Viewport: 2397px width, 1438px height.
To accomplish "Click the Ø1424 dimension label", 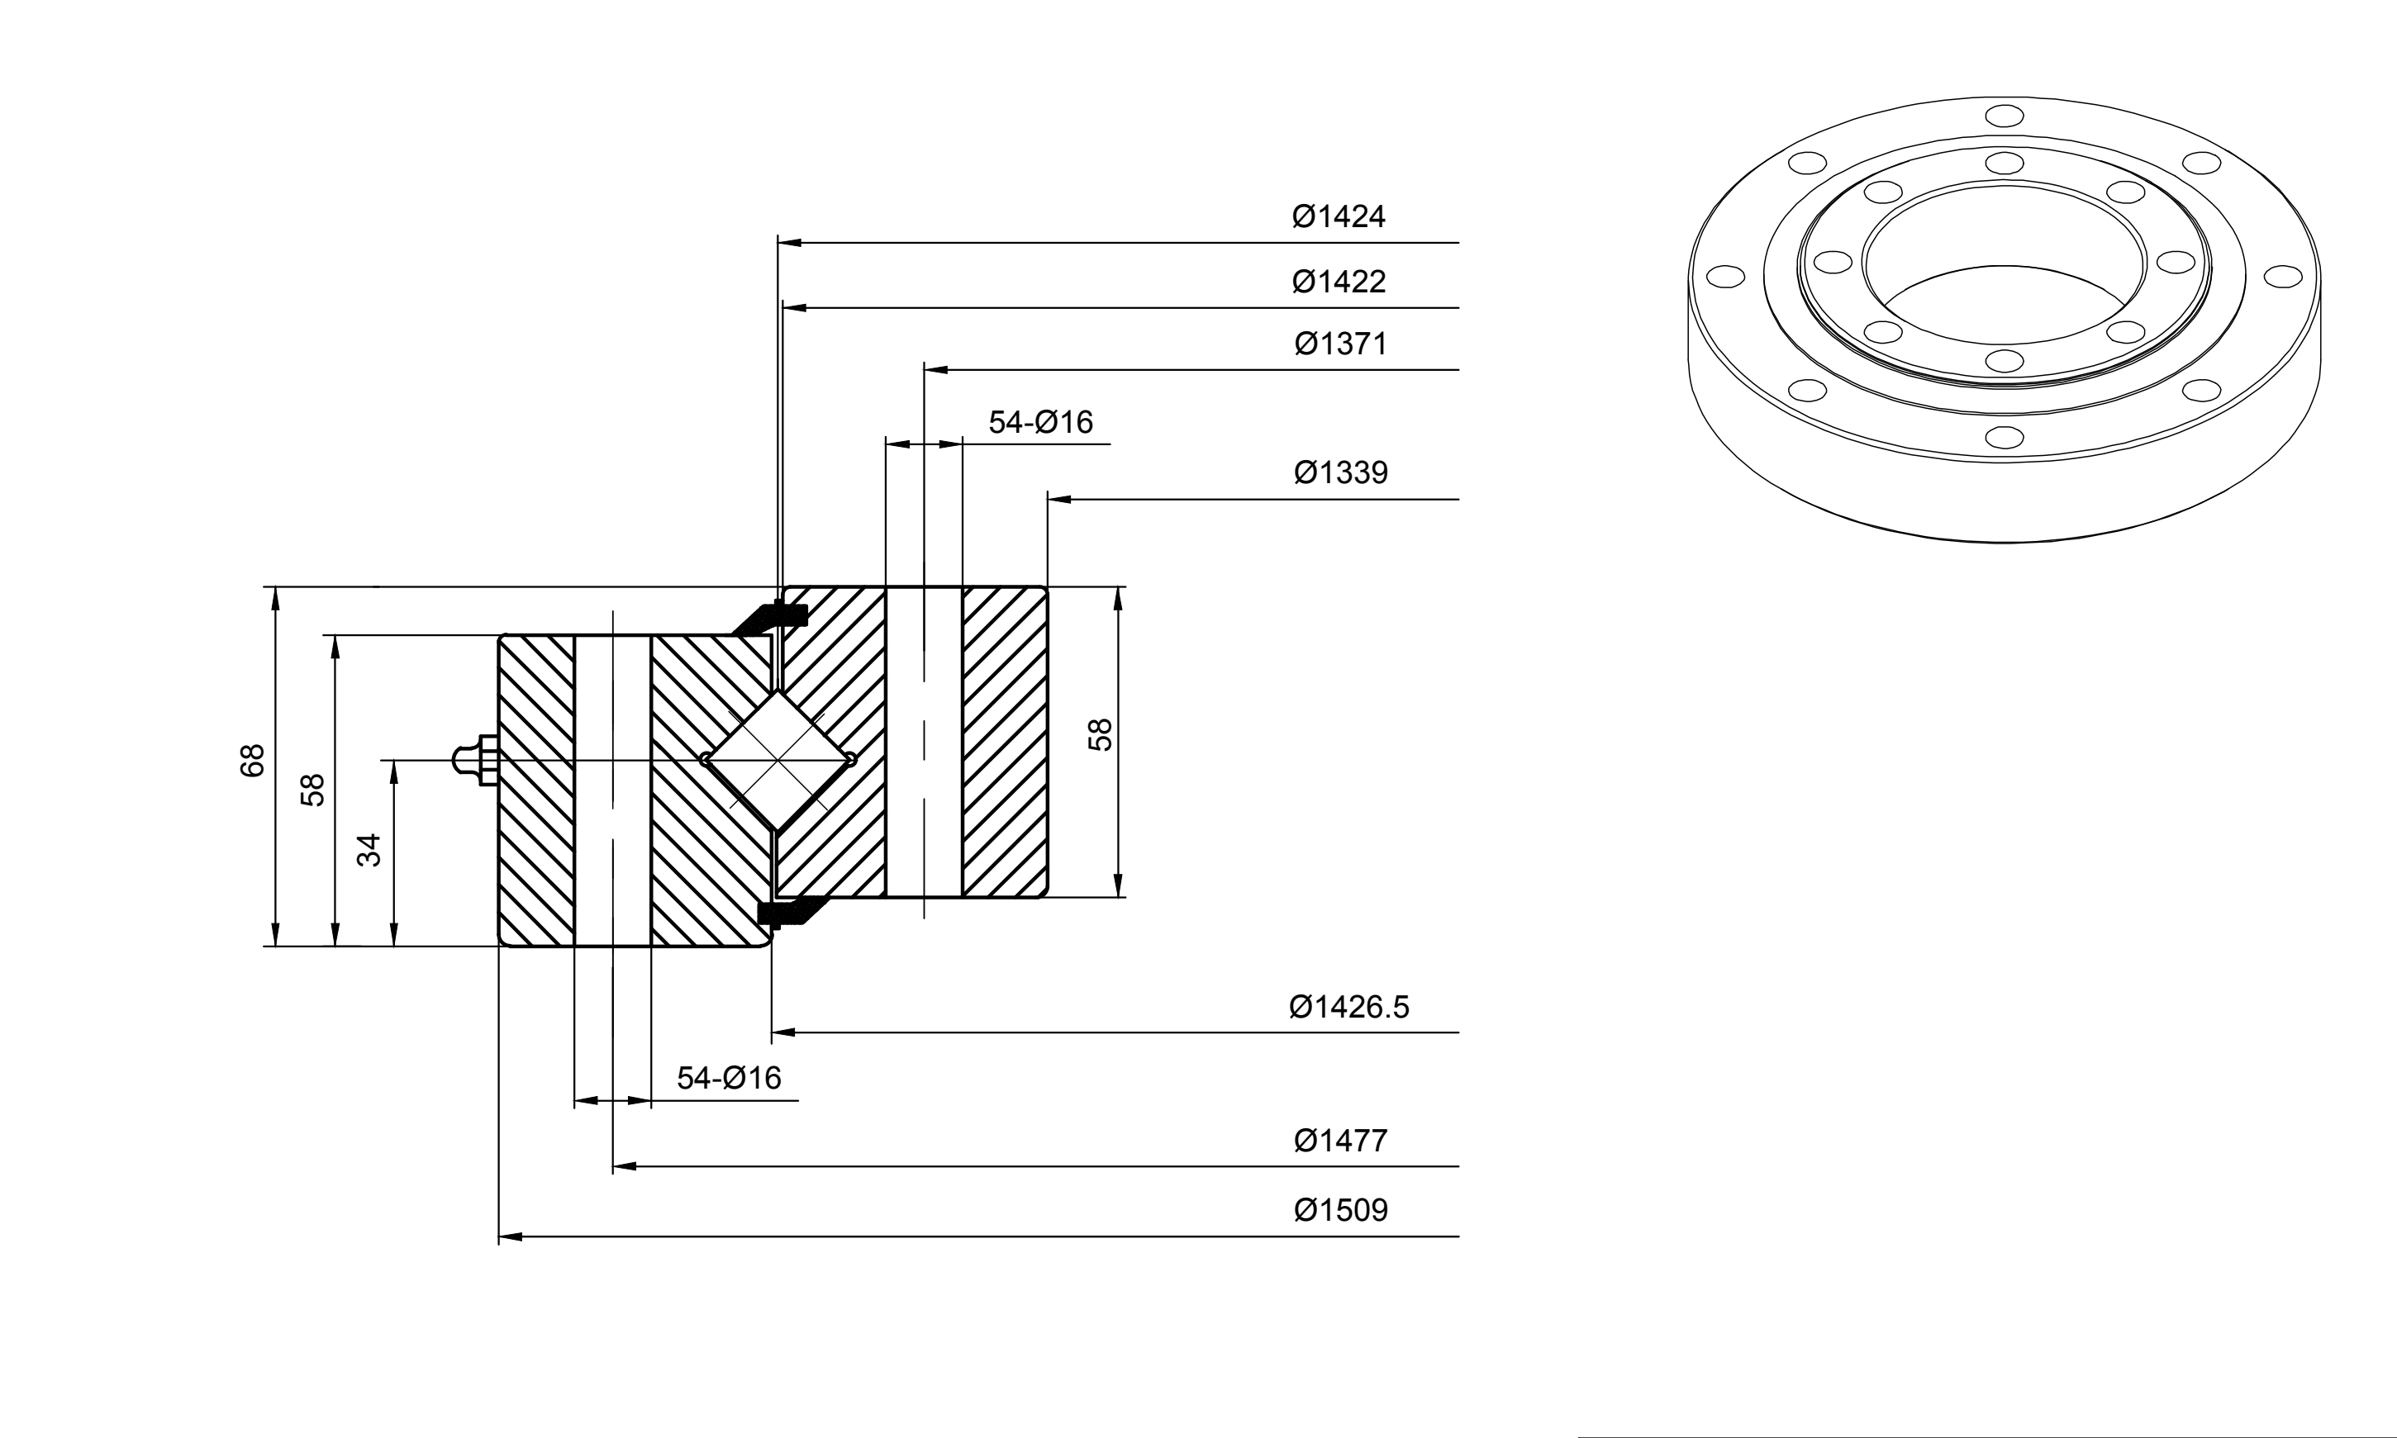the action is [x=1339, y=216].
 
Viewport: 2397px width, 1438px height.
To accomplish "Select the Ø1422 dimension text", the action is [x=1339, y=282].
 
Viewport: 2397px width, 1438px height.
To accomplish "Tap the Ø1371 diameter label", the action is [x=1340, y=344].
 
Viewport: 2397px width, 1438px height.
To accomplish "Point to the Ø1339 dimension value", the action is [x=1340, y=473].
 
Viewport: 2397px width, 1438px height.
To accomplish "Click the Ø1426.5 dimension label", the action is [x=1348, y=1008].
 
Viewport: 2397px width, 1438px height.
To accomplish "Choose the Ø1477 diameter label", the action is [x=1340, y=1141].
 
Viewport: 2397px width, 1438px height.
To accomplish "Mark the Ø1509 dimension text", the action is [x=1340, y=1210].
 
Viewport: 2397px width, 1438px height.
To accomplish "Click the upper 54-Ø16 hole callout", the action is [x=1040, y=423].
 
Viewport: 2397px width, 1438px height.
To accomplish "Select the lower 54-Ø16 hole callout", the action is [x=728, y=1079].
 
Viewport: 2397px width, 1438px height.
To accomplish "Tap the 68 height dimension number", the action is [x=252, y=761].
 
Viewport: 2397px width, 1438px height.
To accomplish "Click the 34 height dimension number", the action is [x=369, y=851].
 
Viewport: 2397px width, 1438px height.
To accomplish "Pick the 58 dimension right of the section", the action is [x=1101, y=735].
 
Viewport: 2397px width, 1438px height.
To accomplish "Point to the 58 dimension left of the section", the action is [x=312, y=790].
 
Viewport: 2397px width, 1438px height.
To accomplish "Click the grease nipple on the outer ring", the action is [x=476, y=760].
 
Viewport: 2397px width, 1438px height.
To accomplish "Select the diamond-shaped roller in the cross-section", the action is [x=778, y=760].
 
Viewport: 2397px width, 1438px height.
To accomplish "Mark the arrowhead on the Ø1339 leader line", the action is [x=1059, y=499].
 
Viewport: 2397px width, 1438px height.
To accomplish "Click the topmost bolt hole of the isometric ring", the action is [x=2005, y=116].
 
